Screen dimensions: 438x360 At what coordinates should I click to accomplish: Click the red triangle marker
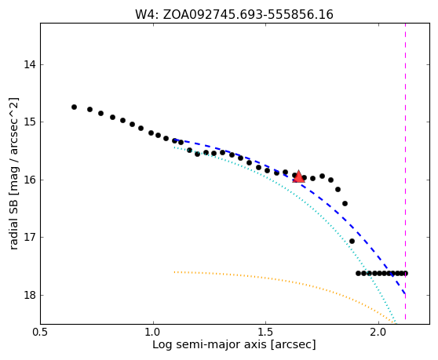[x=298, y=176]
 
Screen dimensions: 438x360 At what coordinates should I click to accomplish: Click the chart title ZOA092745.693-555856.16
[x=248, y=15]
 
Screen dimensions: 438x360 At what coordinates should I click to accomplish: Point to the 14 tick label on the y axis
[x=30, y=65]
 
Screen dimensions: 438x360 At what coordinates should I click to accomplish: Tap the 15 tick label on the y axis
[x=30, y=122]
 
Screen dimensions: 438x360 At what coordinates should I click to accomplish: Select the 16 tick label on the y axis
[x=30, y=180]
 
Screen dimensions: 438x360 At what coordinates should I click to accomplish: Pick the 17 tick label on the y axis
[x=30, y=237]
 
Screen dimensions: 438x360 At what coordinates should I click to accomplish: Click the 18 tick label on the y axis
[x=30, y=295]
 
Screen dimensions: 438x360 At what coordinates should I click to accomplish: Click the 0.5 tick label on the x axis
[x=41, y=333]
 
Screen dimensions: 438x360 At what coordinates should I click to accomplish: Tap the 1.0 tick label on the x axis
[x=153, y=333]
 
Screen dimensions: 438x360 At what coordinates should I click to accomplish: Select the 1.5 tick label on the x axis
[x=265, y=333]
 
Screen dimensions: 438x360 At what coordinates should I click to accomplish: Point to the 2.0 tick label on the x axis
[x=378, y=333]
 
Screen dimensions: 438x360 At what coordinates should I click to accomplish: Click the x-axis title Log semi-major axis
[x=210, y=345]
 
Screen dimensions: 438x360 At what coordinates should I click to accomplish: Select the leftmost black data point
[x=74, y=107]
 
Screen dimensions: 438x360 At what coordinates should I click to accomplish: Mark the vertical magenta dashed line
[x=405, y=172]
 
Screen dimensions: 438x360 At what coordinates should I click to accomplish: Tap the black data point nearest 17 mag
[x=352, y=241]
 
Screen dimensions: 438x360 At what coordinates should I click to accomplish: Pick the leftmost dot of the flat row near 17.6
[x=358, y=273]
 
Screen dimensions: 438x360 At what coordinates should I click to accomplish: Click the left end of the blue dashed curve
[x=174, y=140]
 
